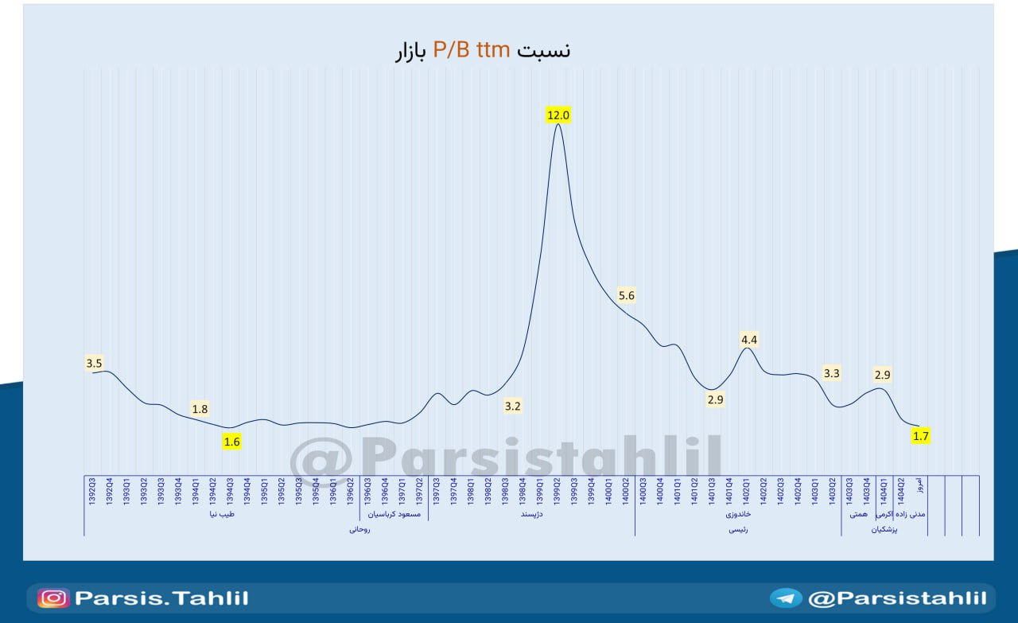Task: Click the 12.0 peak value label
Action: point(558,115)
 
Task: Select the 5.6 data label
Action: point(627,296)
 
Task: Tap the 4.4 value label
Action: point(749,340)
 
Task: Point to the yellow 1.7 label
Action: point(921,436)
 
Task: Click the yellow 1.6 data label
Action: point(231,442)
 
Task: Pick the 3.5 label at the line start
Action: point(94,364)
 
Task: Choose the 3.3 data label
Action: point(832,372)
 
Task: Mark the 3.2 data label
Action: point(513,407)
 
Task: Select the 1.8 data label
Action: point(200,409)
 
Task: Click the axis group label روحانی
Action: point(359,529)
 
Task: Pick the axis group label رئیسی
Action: point(737,529)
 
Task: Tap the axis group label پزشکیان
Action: point(884,529)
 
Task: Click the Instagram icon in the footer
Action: point(53,598)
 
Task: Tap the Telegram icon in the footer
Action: point(786,598)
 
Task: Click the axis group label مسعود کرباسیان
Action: point(394,514)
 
